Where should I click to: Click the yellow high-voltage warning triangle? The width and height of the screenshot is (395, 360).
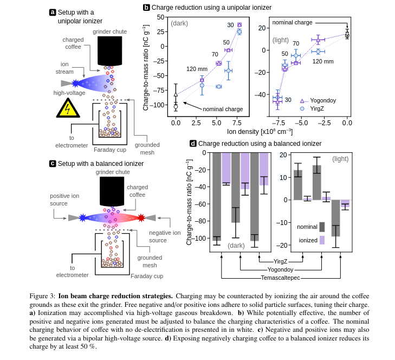click(x=68, y=108)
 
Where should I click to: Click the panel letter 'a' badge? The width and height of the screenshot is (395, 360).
click(x=53, y=12)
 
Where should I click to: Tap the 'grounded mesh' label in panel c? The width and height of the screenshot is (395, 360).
click(x=150, y=261)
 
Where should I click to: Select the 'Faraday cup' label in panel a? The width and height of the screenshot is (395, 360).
click(x=109, y=150)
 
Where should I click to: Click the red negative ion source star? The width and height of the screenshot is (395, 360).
click(x=141, y=218)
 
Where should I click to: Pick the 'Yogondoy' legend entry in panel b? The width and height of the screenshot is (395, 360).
click(x=321, y=100)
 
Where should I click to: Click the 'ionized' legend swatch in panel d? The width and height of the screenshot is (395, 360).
click(x=322, y=240)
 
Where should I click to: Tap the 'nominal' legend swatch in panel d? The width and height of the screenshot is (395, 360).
click(x=322, y=227)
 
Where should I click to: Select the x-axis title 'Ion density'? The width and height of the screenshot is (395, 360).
click(x=260, y=131)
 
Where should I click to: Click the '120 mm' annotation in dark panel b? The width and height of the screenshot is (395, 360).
click(x=197, y=69)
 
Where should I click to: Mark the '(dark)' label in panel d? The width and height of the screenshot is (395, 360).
click(x=236, y=246)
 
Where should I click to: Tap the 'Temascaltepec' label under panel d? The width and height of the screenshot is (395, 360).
click(x=280, y=278)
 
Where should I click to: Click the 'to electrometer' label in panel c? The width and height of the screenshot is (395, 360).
click(x=72, y=271)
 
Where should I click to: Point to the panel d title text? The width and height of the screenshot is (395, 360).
click(x=260, y=144)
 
